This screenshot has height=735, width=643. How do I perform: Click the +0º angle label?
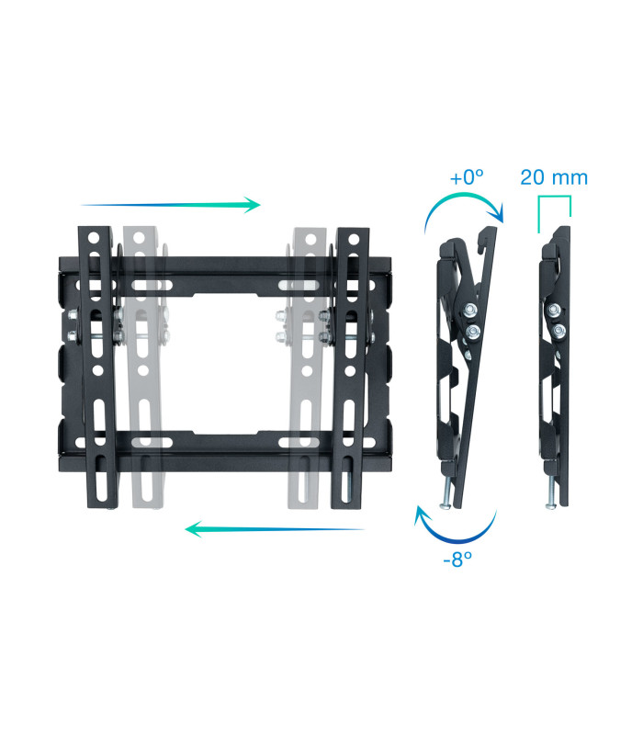coord(467,177)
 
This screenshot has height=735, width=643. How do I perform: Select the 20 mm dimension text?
coord(553,177)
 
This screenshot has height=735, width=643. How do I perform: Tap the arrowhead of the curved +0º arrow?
coord(498,215)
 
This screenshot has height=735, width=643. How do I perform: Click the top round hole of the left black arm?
coord(93,238)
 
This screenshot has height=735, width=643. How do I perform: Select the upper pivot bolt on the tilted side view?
coord(470,309)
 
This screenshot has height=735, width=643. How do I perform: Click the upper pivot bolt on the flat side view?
coord(557,310)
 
